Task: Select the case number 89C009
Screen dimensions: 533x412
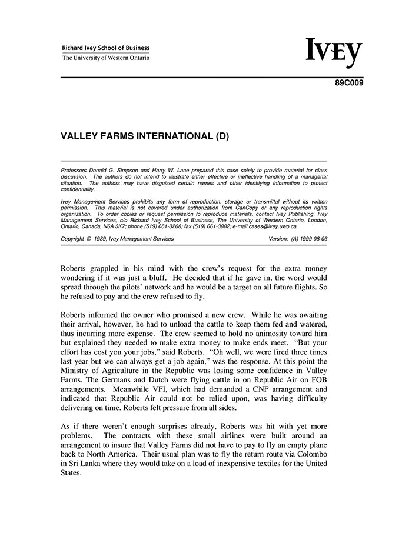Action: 350,83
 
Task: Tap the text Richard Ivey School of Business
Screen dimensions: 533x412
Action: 106,48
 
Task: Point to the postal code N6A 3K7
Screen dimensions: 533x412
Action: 111,226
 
